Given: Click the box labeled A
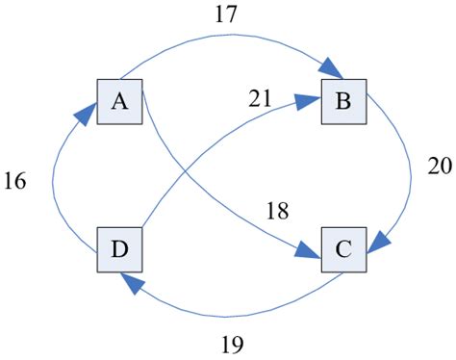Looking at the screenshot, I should (x=119, y=101).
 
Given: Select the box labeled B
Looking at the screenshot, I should (x=343, y=101).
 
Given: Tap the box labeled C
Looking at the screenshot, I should (x=343, y=251).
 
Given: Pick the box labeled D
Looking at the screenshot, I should (x=119, y=251).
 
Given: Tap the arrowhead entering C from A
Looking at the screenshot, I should (x=311, y=253).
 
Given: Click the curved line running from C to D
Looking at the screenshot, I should (x=241, y=312).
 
